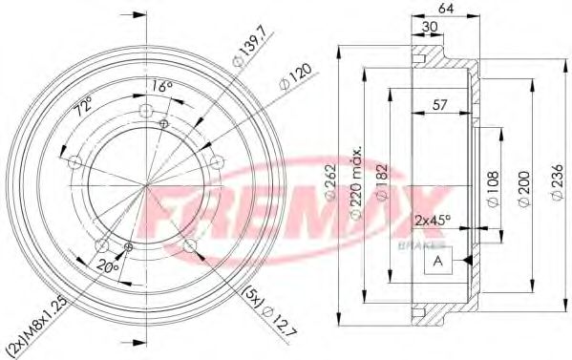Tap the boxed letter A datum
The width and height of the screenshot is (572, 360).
tap(438, 262)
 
